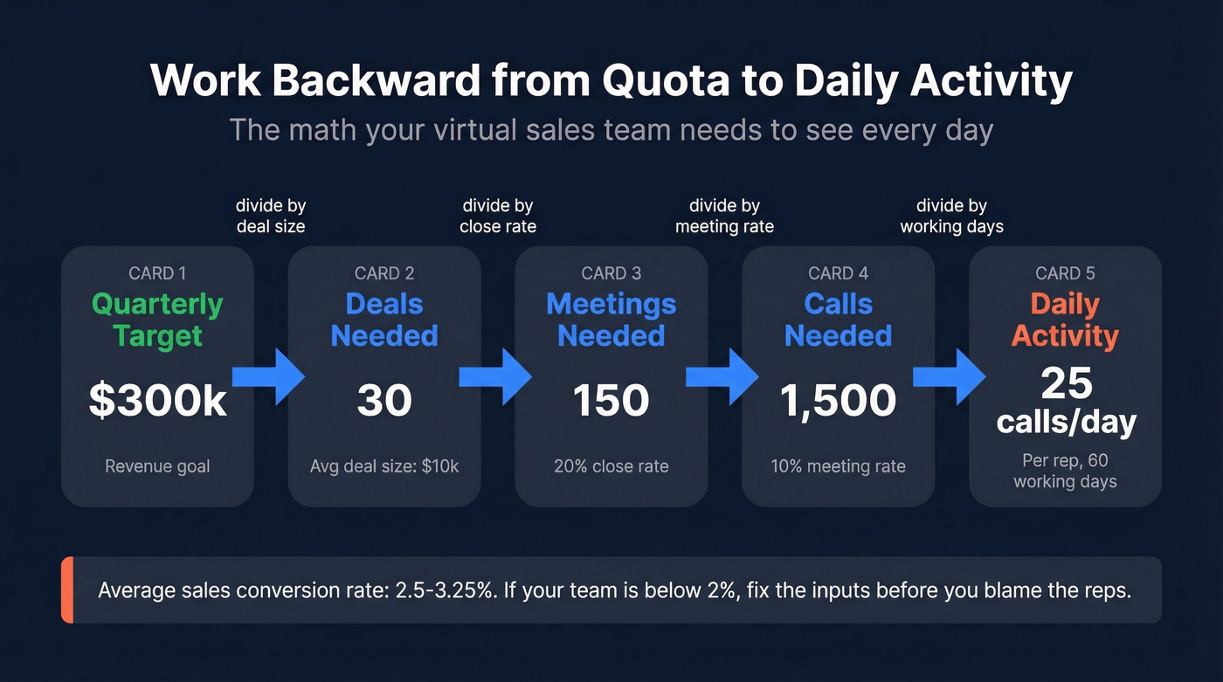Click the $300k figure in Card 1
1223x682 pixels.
click(157, 401)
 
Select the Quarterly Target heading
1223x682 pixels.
click(157, 320)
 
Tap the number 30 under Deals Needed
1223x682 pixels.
click(384, 401)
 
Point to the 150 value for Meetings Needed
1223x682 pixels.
click(611, 401)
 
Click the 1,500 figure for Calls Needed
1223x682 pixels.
click(838, 401)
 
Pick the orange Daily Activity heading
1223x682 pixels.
click(1065, 320)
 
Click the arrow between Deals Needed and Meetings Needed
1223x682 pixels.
click(499, 377)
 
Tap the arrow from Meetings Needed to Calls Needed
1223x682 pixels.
click(726, 377)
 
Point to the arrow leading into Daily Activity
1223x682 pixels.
click(953, 377)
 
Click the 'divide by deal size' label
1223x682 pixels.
click(271, 216)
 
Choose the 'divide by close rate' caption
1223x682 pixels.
click(498, 216)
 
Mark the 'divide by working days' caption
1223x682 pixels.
click(952, 216)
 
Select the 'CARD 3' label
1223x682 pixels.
click(611, 273)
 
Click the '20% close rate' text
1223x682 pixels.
click(611, 466)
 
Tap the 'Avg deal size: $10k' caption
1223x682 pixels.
click(384, 466)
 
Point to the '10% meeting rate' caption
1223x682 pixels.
click(838, 466)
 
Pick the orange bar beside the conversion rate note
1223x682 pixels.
click(66, 590)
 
